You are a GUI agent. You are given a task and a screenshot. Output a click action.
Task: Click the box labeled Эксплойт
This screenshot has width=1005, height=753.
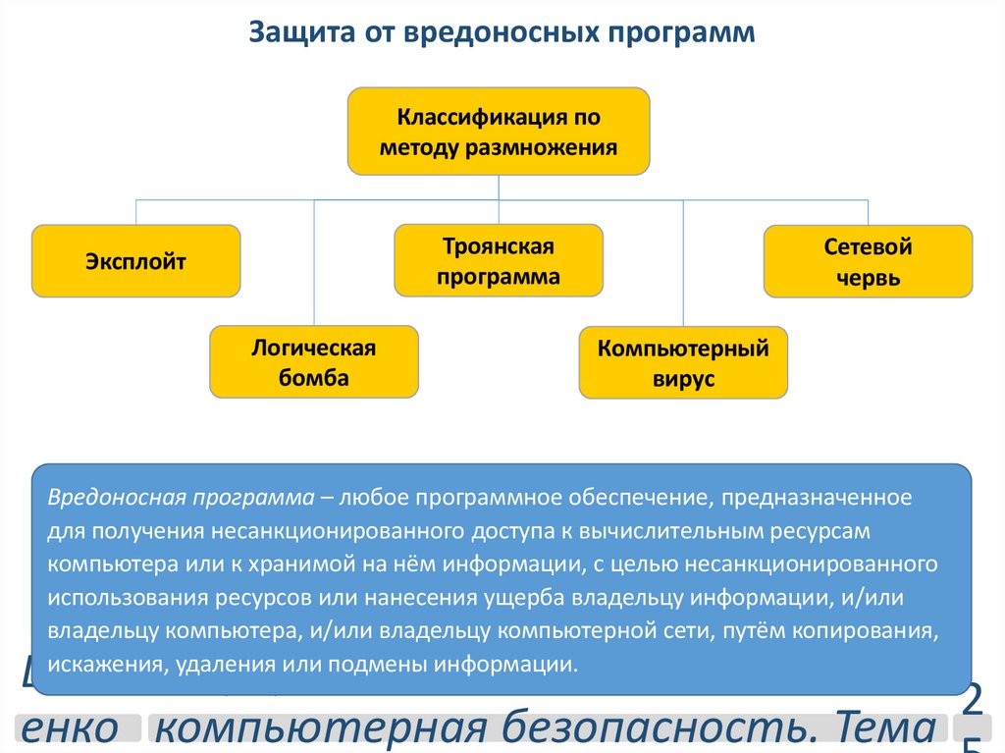135,261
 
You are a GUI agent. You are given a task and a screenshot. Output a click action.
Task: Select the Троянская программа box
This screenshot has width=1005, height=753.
499,260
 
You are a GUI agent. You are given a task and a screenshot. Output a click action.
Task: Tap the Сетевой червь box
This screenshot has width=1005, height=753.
868,261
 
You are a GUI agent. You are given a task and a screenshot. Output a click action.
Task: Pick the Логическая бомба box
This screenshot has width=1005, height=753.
314,362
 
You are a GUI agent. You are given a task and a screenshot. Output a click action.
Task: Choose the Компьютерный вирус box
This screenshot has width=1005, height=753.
683,362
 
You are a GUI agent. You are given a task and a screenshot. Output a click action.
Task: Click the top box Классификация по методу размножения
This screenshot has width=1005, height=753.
499,132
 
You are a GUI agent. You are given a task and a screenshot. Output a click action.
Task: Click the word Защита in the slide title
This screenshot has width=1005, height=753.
291,33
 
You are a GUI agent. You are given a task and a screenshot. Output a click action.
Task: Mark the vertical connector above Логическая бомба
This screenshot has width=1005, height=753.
314,262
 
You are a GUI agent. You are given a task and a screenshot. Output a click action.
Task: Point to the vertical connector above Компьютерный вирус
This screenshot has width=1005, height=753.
683,262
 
